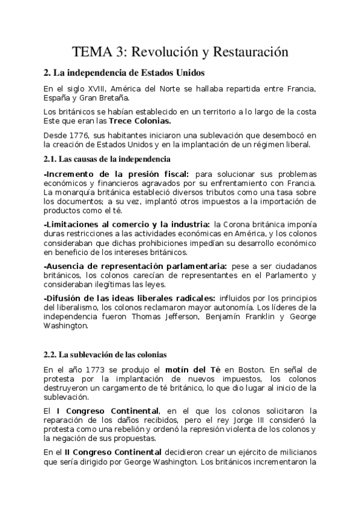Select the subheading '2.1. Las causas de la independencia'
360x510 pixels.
[x=107, y=159]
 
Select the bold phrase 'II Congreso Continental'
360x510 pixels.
[x=111, y=451]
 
